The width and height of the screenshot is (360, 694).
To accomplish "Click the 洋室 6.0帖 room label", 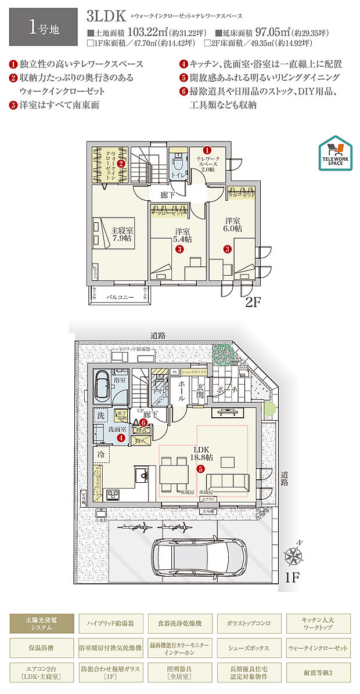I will [233, 225].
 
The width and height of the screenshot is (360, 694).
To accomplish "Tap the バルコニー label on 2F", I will [120, 297].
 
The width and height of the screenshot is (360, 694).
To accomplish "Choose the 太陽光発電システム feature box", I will [42, 624].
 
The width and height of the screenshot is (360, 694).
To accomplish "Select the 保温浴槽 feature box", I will [42, 647].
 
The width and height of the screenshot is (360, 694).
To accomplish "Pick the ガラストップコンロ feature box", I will [249, 624].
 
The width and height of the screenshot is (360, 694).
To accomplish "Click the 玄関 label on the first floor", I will [199, 389].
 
